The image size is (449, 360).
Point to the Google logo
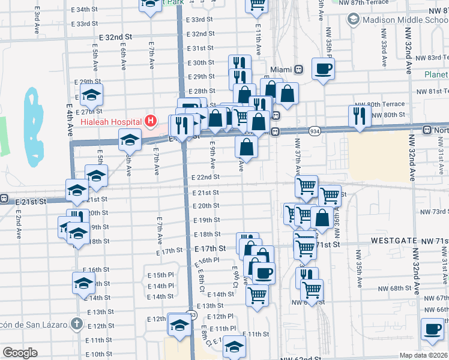20,353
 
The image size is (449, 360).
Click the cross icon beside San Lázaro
76,324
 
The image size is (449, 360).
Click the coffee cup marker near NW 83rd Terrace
323,69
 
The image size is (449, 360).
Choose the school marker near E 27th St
91,95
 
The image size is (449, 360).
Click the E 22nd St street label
205,178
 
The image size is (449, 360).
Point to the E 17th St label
210,248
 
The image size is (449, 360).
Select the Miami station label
280,69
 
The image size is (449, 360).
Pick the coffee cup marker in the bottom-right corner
432,328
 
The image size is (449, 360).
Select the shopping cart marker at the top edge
257,4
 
